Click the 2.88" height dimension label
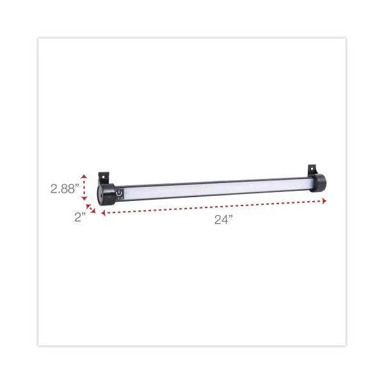coord(65,189)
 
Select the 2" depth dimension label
coord(79,217)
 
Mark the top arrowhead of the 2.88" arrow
coord(84,175)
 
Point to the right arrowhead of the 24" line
coord(324,201)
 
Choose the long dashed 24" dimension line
coord(211,207)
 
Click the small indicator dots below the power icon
coord(121,198)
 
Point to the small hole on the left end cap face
coord(100,194)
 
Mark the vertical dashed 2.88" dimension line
coord(84,188)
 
